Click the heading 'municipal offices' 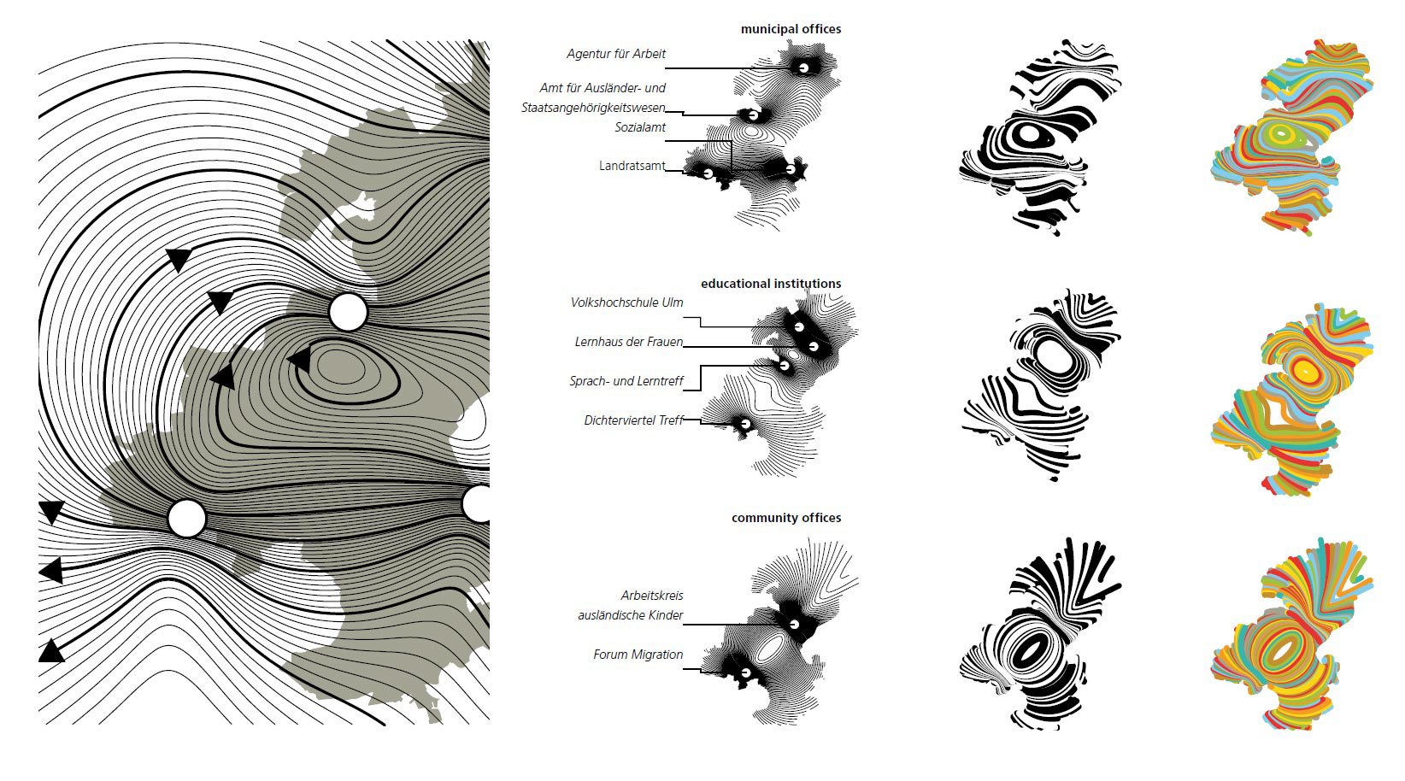791,29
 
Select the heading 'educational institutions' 771,284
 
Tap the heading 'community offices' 786,518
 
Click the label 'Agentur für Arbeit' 616,54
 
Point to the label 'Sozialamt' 640,127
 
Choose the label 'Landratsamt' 632,166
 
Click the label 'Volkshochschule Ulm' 626,302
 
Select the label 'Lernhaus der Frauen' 628,342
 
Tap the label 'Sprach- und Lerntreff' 626,381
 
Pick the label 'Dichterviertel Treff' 633,420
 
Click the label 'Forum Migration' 638,655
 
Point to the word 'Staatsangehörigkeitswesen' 593,108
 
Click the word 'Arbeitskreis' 652,596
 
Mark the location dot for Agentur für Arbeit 803,68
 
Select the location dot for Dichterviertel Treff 745,424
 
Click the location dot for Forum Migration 746,672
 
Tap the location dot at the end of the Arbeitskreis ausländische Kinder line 795,624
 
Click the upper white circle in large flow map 348,312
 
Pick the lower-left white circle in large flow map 187,519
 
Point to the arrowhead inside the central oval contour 299,360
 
